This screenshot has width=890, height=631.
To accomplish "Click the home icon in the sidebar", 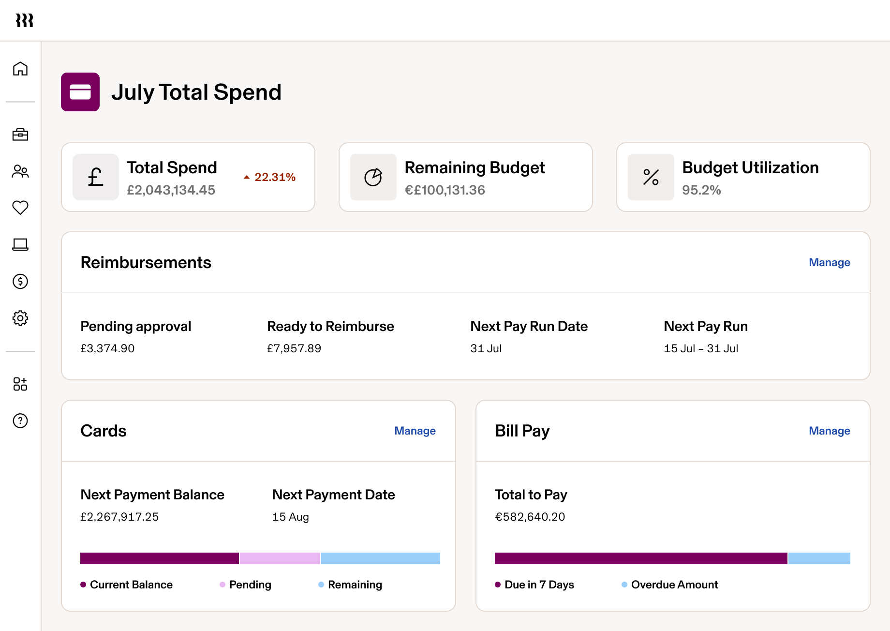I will (x=20, y=69).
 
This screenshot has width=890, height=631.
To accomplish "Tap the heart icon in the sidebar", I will (x=20, y=208).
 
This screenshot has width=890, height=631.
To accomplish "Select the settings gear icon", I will (x=20, y=318).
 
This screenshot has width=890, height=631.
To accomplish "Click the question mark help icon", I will (x=20, y=421).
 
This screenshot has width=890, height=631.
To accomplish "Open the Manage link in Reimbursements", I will (x=829, y=262).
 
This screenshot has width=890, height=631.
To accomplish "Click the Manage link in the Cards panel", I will (x=415, y=431).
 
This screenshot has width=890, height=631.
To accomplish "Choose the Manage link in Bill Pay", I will (x=829, y=431).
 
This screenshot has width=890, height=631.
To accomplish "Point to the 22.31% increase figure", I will (x=274, y=177).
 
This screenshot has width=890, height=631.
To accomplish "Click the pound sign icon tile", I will (x=96, y=177).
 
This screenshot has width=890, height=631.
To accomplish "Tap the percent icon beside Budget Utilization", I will (x=651, y=177).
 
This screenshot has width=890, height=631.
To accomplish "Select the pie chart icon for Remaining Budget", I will (x=373, y=177).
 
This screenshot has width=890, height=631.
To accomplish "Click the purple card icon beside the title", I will (x=80, y=92).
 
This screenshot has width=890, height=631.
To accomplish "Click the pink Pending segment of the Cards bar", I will (x=280, y=558).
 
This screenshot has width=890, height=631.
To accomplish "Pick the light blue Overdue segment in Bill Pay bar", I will (x=819, y=558).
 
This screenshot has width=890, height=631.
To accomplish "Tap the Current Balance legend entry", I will (x=131, y=585).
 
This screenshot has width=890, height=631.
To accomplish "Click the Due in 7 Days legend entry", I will (x=538, y=585).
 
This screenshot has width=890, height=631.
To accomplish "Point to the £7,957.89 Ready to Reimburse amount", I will (x=294, y=348).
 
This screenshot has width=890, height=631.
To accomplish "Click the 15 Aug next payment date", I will (x=290, y=517).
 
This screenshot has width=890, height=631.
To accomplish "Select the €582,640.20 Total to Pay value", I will (x=530, y=517).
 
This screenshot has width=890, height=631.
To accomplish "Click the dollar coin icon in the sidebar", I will (x=20, y=281).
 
